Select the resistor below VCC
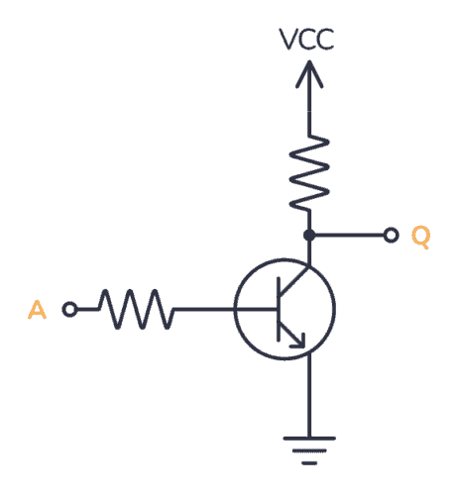(309, 171)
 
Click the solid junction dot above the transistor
(309, 236)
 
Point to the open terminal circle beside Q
(391, 236)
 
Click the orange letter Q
(420, 238)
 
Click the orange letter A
(37, 311)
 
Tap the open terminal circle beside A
(69, 310)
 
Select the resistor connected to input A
(137, 310)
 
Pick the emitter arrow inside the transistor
(299, 341)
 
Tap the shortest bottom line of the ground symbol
(309, 461)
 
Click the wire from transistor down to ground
(309, 396)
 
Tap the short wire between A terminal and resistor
(87, 310)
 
